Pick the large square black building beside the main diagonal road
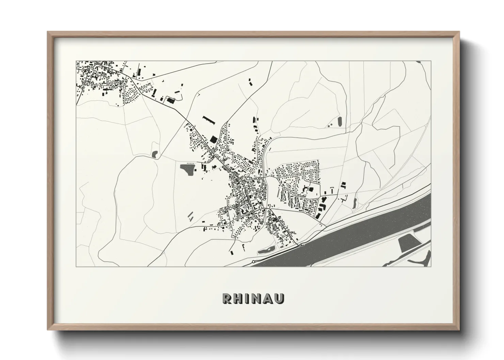coord(214,139)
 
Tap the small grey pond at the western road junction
coord(155,154)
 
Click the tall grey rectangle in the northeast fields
coord(340,121)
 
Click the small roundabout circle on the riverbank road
coord(253,261)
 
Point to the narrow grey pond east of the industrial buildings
coord(355,203)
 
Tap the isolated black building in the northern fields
coord(251,82)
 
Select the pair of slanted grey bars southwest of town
coord(191,215)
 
